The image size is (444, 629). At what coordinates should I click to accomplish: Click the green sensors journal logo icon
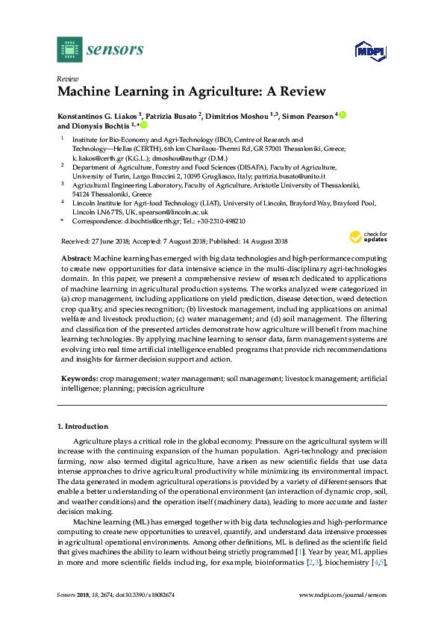pos(69,50)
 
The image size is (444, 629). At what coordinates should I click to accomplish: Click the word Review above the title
pos(68,78)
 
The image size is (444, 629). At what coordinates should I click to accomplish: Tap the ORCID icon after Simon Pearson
pos(344,115)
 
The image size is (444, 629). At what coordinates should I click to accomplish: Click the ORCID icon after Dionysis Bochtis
pos(143,126)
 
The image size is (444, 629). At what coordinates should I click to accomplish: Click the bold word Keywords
pos(78,379)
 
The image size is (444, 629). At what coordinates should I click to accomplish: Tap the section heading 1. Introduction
pos(83,427)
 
